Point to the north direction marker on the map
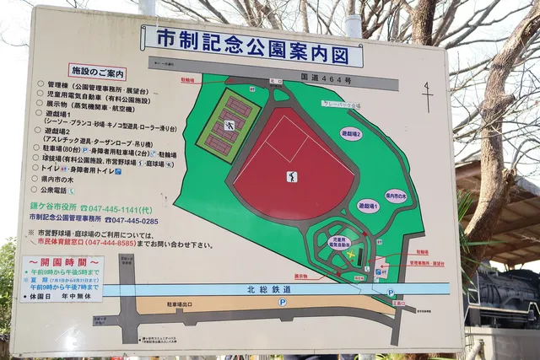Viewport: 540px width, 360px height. click(x=428, y=96)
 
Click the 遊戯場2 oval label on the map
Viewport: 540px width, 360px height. click(x=351, y=133)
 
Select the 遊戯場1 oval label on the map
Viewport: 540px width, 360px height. click(x=368, y=205)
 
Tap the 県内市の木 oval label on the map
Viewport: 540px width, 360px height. click(x=396, y=196)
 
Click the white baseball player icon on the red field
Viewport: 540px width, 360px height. click(x=292, y=177)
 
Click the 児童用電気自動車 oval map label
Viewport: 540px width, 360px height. click(x=339, y=242)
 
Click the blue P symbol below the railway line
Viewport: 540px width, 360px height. click(x=283, y=301)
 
